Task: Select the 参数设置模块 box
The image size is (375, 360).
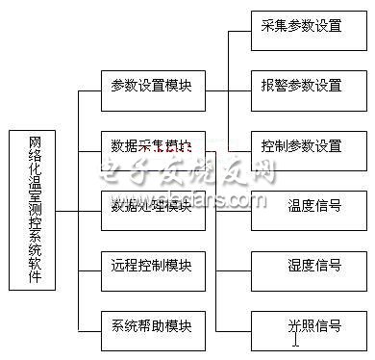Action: (151, 86)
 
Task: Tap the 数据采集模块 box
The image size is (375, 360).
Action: (151, 146)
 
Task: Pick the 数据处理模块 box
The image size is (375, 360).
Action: (151, 206)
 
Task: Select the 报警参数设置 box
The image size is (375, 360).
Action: (300, 86)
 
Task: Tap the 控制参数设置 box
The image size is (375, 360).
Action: (300, 146)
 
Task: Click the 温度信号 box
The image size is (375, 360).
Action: (300, 206)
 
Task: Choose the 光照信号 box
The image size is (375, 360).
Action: (300, 325)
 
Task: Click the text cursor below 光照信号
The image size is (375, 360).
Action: (296, 338)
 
